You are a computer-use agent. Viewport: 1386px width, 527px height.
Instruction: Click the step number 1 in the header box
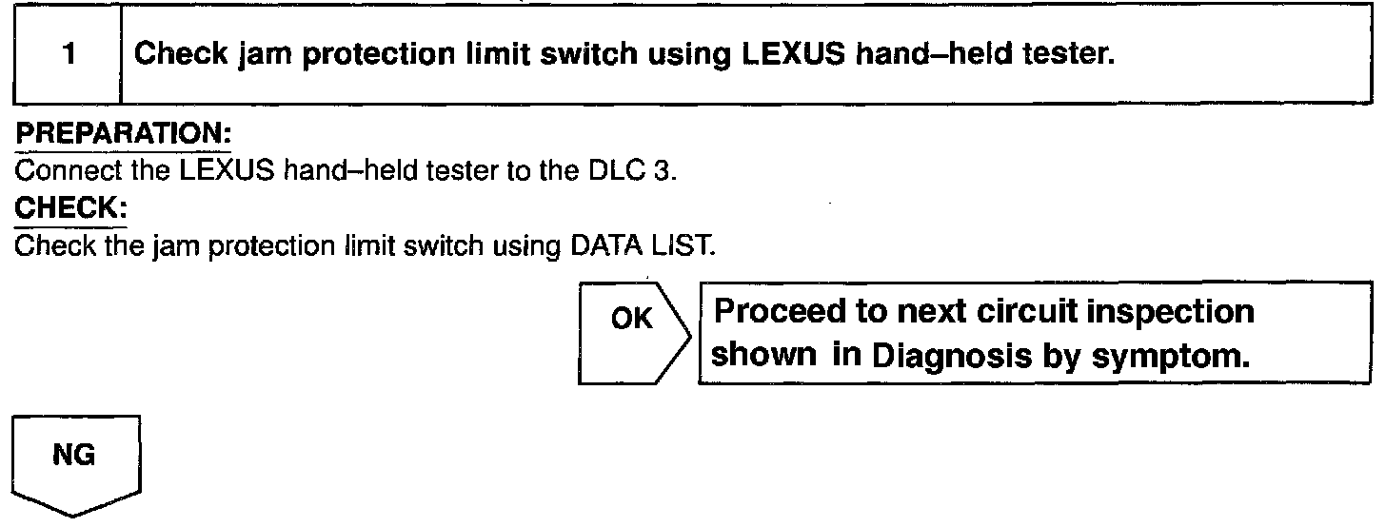(68, 55)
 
